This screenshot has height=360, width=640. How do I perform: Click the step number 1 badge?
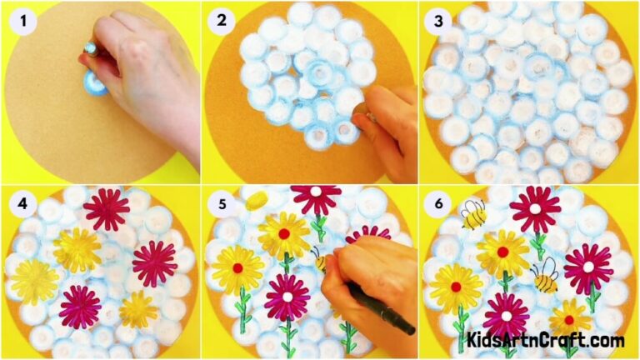(x=21, y=19)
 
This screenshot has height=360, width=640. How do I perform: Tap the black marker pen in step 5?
(x=383, y=309)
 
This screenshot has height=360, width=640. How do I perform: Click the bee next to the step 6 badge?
(x=472, y=213)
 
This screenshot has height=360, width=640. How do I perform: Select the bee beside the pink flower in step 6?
(x=544, y=276)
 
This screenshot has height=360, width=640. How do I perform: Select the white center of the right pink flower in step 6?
(x=587, y=267)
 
